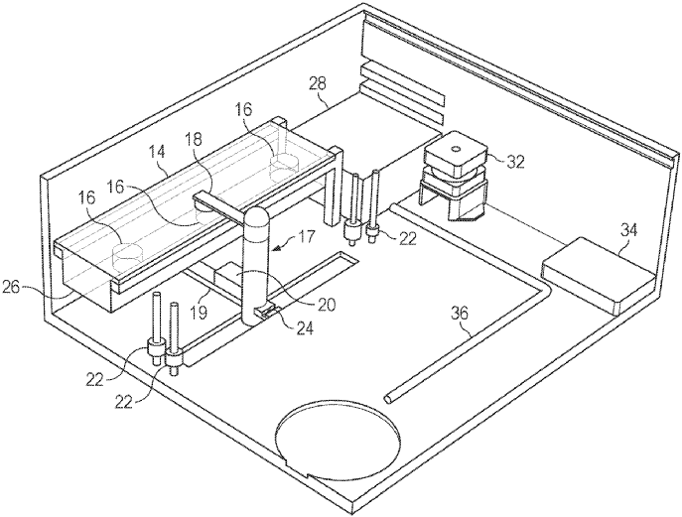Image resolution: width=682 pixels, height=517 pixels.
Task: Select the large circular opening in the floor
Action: click(338, 441)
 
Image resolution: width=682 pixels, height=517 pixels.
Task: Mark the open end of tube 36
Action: click(390, 398)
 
